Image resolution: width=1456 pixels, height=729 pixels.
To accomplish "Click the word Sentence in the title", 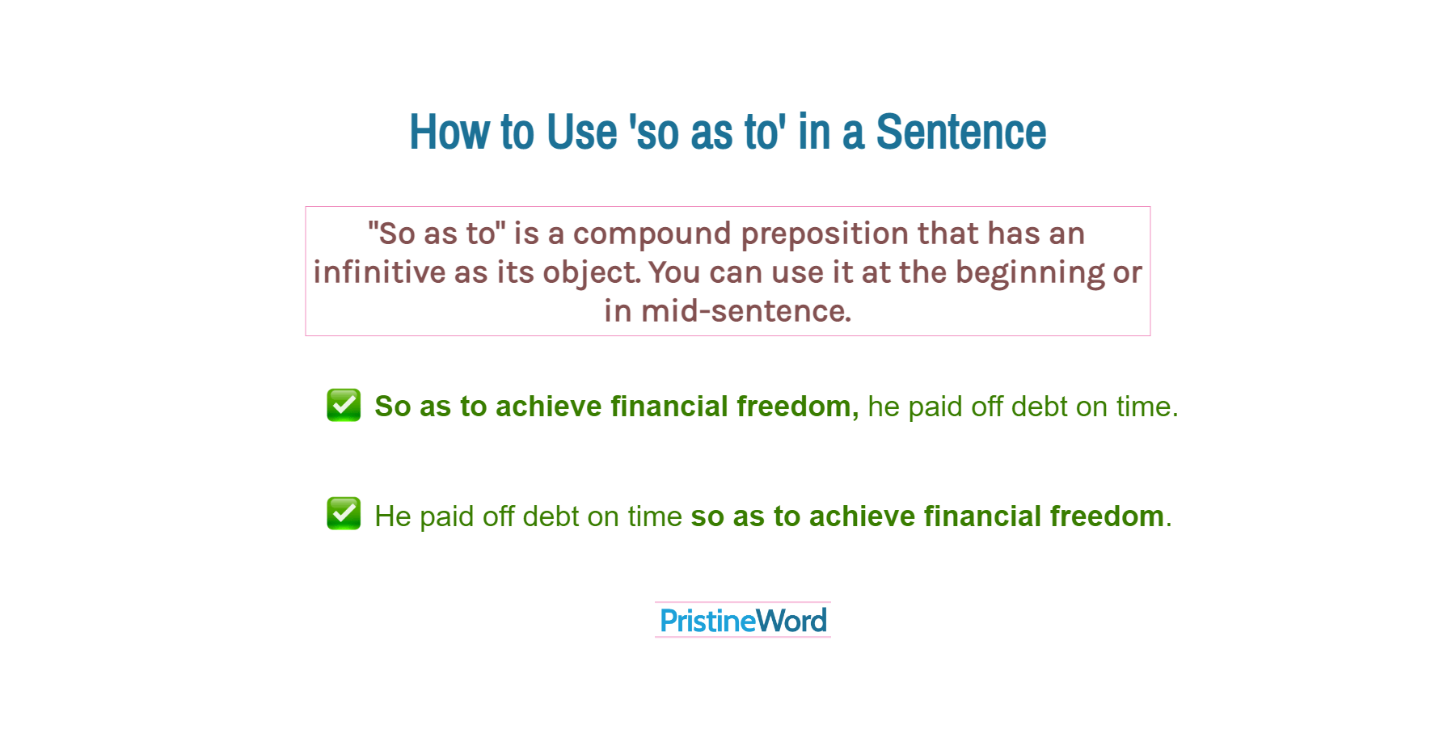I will tap(960, 132).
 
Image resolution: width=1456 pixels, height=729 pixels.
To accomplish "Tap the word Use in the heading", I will tap(581, 132).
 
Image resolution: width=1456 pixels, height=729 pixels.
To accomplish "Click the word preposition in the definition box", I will tap(825, 234).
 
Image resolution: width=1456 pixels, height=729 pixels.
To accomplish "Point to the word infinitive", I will tap(379, 272).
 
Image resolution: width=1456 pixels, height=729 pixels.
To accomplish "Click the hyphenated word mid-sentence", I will tap(745, 311).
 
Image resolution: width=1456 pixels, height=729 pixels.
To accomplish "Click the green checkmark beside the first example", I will tap(344, 405).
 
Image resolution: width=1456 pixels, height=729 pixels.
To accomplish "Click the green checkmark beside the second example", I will tap(344, 514).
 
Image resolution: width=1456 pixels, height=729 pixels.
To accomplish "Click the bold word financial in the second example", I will tap(981, 516).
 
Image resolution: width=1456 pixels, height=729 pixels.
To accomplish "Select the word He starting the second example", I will tap(393, 516).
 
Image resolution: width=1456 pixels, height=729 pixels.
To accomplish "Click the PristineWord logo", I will tap(743, 621).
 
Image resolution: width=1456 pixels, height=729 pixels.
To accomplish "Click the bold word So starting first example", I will tap(393, 407).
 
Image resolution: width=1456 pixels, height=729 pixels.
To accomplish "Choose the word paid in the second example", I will tap(446, 516).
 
